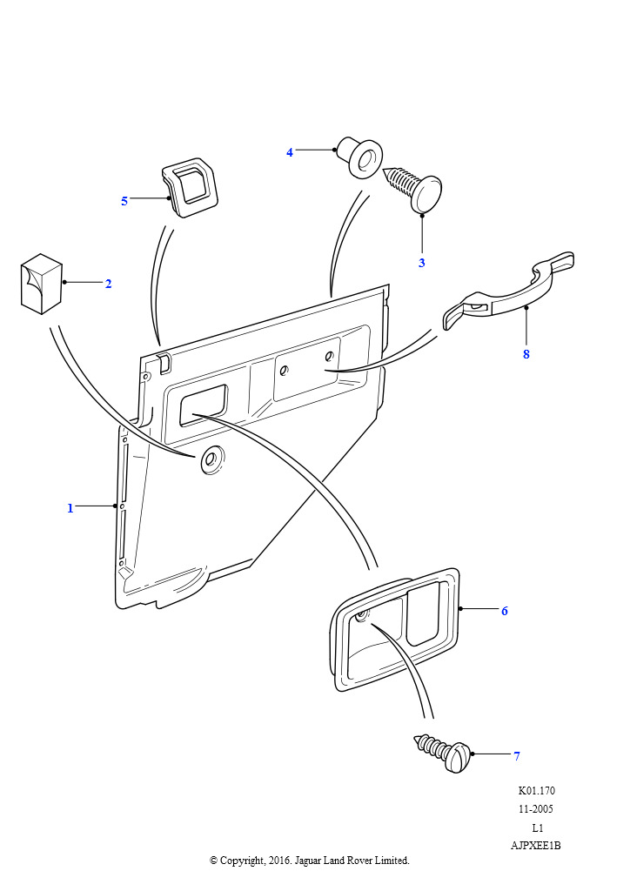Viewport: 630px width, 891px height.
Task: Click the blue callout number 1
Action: (x=70, y=507)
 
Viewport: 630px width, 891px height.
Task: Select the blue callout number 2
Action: (x=109, y=284)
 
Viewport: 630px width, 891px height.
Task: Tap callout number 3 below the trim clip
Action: (x=421, y=263)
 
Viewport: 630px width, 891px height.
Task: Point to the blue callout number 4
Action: (x=290, y=152)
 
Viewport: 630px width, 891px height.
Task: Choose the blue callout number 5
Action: (x=124, y=201)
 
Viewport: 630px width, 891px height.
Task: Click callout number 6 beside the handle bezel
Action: (x=505, y=611)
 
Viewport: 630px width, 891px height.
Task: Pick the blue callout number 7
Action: (x=517, y=756)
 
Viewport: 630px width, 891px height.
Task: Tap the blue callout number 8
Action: (x=526, y=354)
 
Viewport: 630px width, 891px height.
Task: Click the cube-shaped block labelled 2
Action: (x=42, y=284)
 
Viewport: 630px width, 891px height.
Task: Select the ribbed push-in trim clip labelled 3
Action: (x=413, y=189)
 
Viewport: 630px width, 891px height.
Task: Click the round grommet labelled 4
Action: (x=360, y=157)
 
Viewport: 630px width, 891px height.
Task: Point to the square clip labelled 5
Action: (x=191, y=188)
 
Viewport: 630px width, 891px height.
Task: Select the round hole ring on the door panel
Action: (x=212, y=459)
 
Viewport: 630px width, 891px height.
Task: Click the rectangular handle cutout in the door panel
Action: (x=204, y=405)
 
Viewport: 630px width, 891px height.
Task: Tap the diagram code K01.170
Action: (x=536, y=790)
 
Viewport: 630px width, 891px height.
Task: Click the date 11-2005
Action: (x=536, y=808)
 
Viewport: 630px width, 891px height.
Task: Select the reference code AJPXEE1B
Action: (x=536, y=846)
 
